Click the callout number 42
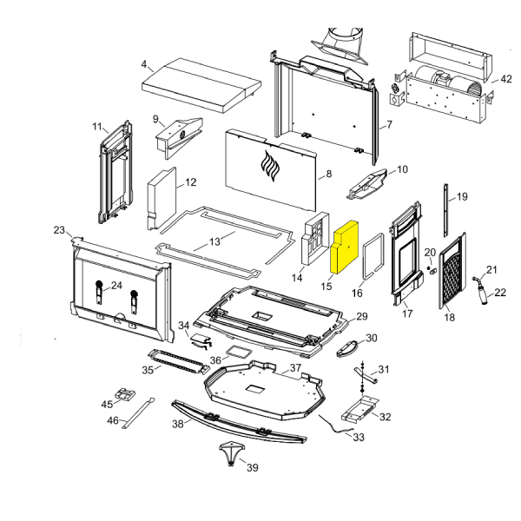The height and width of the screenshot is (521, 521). (x=506, y=79)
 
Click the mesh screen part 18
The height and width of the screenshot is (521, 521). (x=450, y=270)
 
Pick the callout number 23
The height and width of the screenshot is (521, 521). (x=59, y=230)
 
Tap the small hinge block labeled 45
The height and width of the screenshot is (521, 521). (x=123, y=394)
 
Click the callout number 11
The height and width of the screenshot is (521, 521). (x=97, y=128)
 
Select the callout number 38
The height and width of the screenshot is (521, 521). (x=178, y=425)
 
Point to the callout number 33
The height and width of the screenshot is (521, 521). (x=359, y=437)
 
